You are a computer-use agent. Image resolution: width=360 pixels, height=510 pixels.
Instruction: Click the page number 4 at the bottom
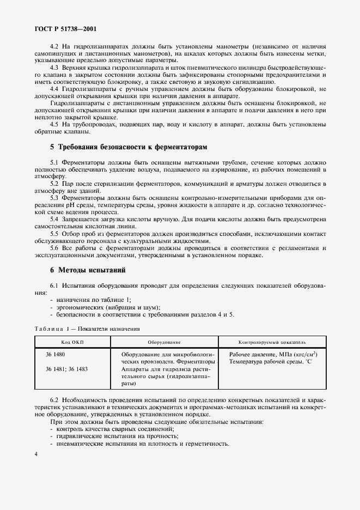(x=36, y=454)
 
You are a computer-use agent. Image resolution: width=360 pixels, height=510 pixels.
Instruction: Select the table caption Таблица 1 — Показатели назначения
(x=88, y=329)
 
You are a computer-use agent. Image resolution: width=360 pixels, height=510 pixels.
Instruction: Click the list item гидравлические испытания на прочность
(x=117, y=436)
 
